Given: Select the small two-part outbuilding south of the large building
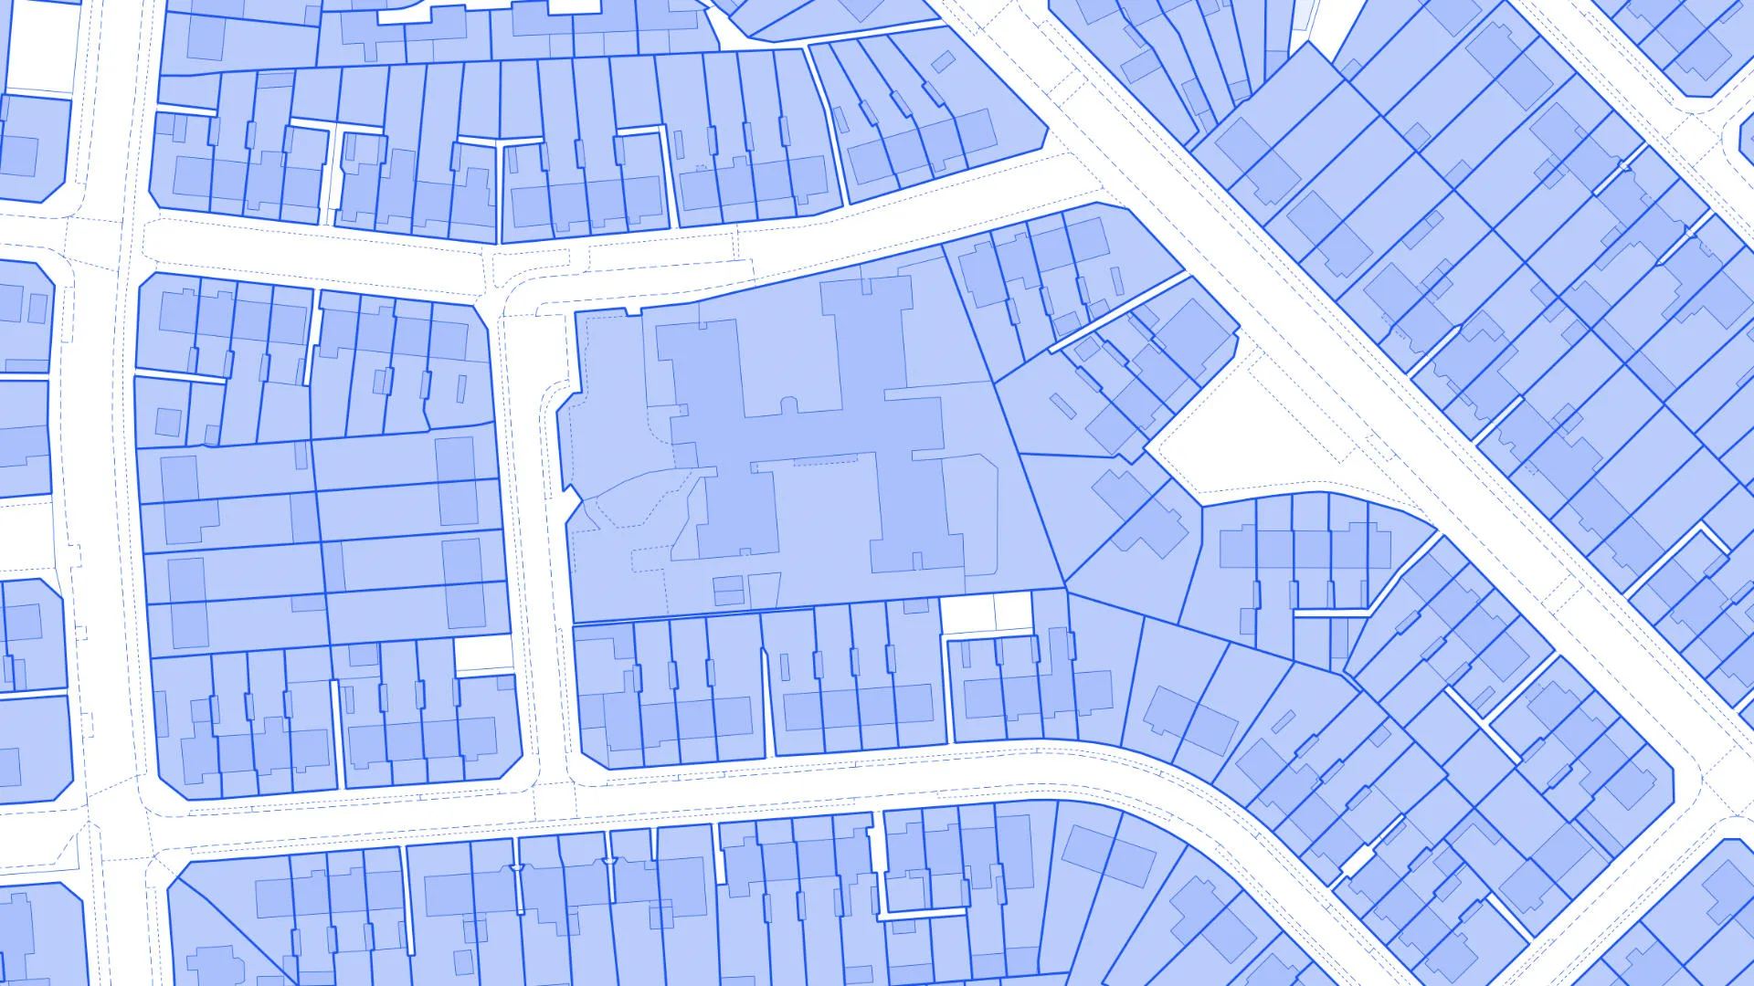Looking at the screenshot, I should pyautogui.click(x=728, y=590).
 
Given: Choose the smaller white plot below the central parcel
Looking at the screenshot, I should pyautogui.click(x=1013, y=611).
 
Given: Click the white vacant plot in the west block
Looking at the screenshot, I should pyautogui.click(x=483, y=654).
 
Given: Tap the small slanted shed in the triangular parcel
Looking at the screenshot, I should pyautogui.click(x=1062, y=405).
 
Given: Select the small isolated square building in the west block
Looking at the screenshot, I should pyautogui.click(x=168, y=422).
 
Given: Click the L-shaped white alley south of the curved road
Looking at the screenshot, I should pyautogui.click(x=914, y=910).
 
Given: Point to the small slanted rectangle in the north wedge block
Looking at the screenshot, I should pyautogui.click(x=944, y=62).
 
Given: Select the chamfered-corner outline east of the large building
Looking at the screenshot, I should pyautogui.click(x=970, y=511).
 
